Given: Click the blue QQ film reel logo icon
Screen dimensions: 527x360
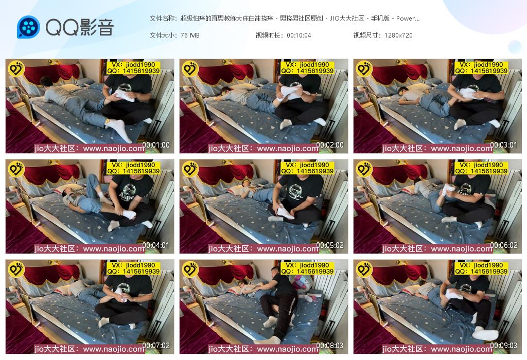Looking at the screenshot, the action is point(29,27).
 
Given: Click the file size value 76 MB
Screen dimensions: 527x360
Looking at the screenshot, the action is point(190,35).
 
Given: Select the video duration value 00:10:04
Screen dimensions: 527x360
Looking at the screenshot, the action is point(299,35).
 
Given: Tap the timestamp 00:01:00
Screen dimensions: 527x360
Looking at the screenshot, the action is point(156,145).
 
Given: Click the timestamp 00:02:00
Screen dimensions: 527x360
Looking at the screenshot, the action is point(330,145).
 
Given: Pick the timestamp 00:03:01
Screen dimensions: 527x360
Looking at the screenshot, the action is point(503,145).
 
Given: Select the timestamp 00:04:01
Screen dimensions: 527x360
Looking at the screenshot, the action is point(156,245).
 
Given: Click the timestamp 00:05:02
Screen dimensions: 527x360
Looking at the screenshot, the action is point(330,245).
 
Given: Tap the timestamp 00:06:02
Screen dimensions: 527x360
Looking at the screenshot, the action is point(503,245).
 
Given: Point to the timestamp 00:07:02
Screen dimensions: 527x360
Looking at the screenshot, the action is point(156,345).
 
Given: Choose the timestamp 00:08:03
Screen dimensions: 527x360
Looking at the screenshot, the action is point(330,345).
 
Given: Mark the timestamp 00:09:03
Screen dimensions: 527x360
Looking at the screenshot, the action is point(503,345).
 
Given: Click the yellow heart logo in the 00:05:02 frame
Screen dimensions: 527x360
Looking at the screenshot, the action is point(190,169).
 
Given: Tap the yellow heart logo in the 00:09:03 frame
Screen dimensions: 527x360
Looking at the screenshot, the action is point(364,269).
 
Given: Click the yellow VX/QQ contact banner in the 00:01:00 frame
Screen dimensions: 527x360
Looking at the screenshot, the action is point(133,67).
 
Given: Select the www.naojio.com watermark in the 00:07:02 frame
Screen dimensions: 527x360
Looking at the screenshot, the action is point(114,349).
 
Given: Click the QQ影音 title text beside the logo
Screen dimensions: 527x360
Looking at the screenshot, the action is point(80,27).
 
